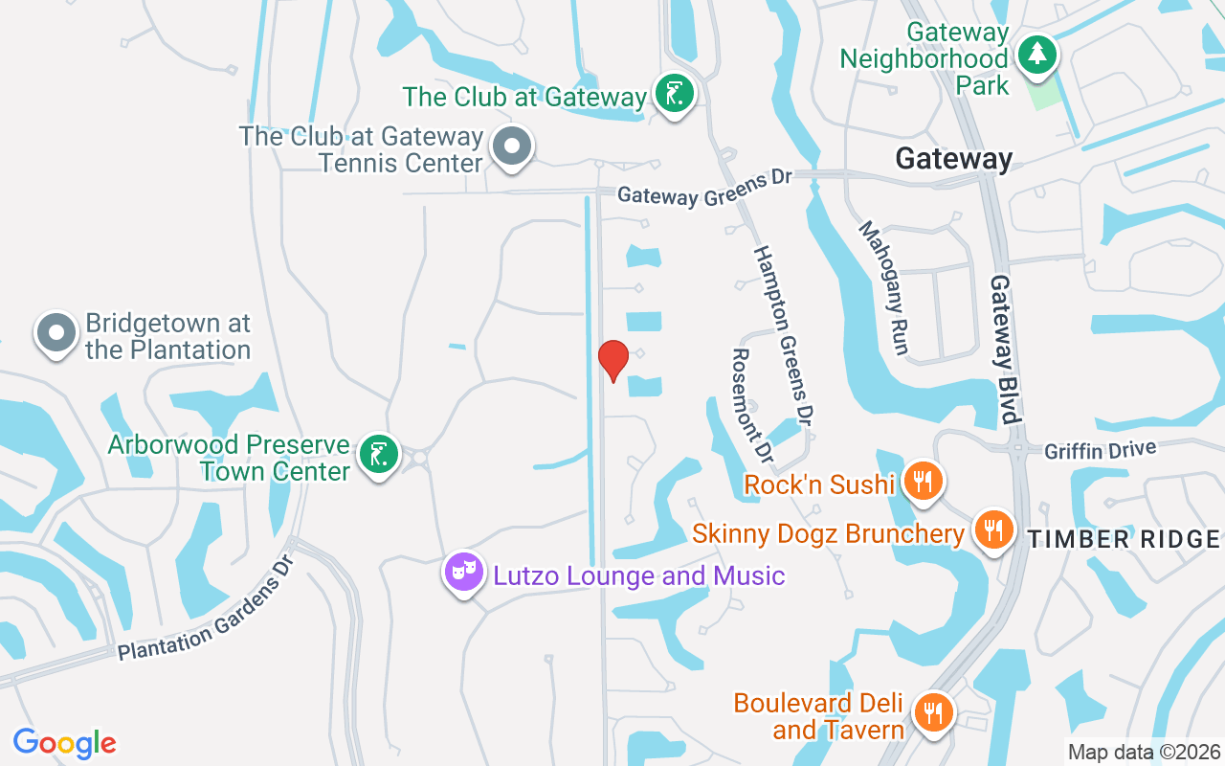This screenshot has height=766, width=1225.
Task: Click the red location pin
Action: click(x=612, y=360)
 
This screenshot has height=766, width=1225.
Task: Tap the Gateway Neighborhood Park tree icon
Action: click(x=1036, y=55)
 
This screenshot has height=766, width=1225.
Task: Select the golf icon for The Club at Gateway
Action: click(x=676, y=94)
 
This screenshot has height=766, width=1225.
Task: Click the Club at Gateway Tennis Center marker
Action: click(x=512, y=146)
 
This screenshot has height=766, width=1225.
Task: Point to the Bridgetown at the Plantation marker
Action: click(x=56, y=333)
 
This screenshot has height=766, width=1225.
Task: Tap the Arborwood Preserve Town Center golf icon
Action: click(x=379, y=455)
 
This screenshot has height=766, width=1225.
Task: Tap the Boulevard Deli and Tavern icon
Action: click(x=931, y=712)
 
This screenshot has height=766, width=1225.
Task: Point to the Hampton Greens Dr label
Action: click(x=783, y=335)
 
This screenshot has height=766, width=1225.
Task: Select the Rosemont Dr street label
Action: click(x=750, y=402)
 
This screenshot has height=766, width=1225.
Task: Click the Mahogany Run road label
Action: click(x=882, y=287)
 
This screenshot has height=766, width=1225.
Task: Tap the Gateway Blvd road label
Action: click(x=1003, y=349)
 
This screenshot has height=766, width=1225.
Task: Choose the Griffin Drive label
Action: click(x=1101, y=449)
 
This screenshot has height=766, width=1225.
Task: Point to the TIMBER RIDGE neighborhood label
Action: click(x=1124, y=539)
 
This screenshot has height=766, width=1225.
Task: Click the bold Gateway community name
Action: click(x=953, y=159)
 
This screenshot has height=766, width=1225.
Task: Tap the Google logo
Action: click(x=64, y=743)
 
